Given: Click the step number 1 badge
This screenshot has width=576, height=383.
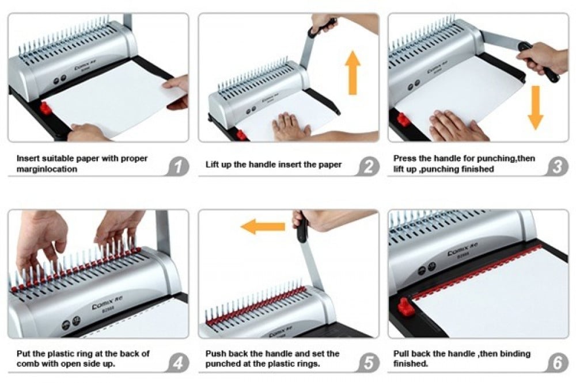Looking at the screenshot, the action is [x=179, y=167].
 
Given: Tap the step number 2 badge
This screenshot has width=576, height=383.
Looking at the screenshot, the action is [x=368, y=167].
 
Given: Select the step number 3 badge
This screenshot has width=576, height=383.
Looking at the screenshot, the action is [x=558, y=167].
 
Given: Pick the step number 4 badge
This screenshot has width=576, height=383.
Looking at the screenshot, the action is [x=179, y=363].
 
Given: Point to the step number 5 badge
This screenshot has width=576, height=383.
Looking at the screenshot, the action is [x=368, y=363].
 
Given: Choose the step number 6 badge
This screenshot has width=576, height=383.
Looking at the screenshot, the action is [x=558, y=363].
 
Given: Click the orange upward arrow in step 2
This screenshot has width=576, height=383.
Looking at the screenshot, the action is [x=353, y=72].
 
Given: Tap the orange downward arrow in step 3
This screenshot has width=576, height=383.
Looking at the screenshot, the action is [x=536, y=108].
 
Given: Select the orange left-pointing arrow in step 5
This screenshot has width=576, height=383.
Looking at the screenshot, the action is [x=263, y=227].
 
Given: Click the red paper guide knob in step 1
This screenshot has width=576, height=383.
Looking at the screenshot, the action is [x=46, y=108].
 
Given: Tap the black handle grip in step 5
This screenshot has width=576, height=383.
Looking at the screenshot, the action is [x=302, y=228].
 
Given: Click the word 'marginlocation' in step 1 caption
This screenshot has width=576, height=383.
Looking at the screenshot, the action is [x=47, y=169].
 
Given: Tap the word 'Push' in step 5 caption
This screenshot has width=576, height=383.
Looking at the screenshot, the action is [x=215, y=354].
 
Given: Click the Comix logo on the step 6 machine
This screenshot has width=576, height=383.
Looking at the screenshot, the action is [x=462, y=250].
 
